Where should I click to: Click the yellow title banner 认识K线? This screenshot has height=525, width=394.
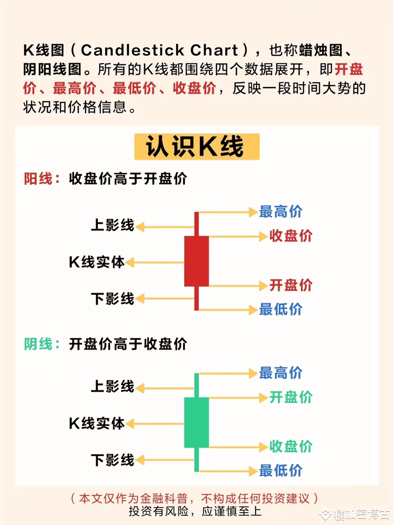(x=197, y=147)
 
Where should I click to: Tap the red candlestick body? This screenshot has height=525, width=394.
(x=197, y=261)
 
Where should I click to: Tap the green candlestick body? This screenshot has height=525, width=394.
(x=197, y=422)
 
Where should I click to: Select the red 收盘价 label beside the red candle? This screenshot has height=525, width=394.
(x=291, y=236)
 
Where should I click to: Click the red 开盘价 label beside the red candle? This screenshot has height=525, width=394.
(x=291, y=285)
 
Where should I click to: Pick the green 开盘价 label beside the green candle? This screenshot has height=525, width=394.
(x=291, y=397)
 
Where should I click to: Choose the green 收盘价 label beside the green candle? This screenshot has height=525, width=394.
(x=291, y=446)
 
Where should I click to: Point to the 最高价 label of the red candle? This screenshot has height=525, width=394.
(x=281, y=211)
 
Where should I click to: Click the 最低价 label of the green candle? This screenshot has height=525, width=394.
(x=281, y=470)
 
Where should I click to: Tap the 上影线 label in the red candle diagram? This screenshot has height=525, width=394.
(x=113, y=225)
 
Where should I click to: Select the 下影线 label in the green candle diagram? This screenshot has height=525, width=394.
(x=113, y=460)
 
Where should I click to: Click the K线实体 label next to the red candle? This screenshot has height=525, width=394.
(x=97, y=262)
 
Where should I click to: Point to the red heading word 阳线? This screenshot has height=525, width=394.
(x=38, y=179)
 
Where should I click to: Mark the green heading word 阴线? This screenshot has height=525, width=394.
(x=38, y=344)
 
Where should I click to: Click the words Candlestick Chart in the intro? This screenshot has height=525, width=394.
(x=159, y=50)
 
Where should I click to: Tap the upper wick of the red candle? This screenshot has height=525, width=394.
(x=197, y=224)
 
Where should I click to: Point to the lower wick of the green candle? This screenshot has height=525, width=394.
(x=197, y=459)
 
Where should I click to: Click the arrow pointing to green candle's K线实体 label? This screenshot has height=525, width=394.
(x=155, y=423)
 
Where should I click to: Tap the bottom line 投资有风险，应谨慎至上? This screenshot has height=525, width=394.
(x=195, y=511)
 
